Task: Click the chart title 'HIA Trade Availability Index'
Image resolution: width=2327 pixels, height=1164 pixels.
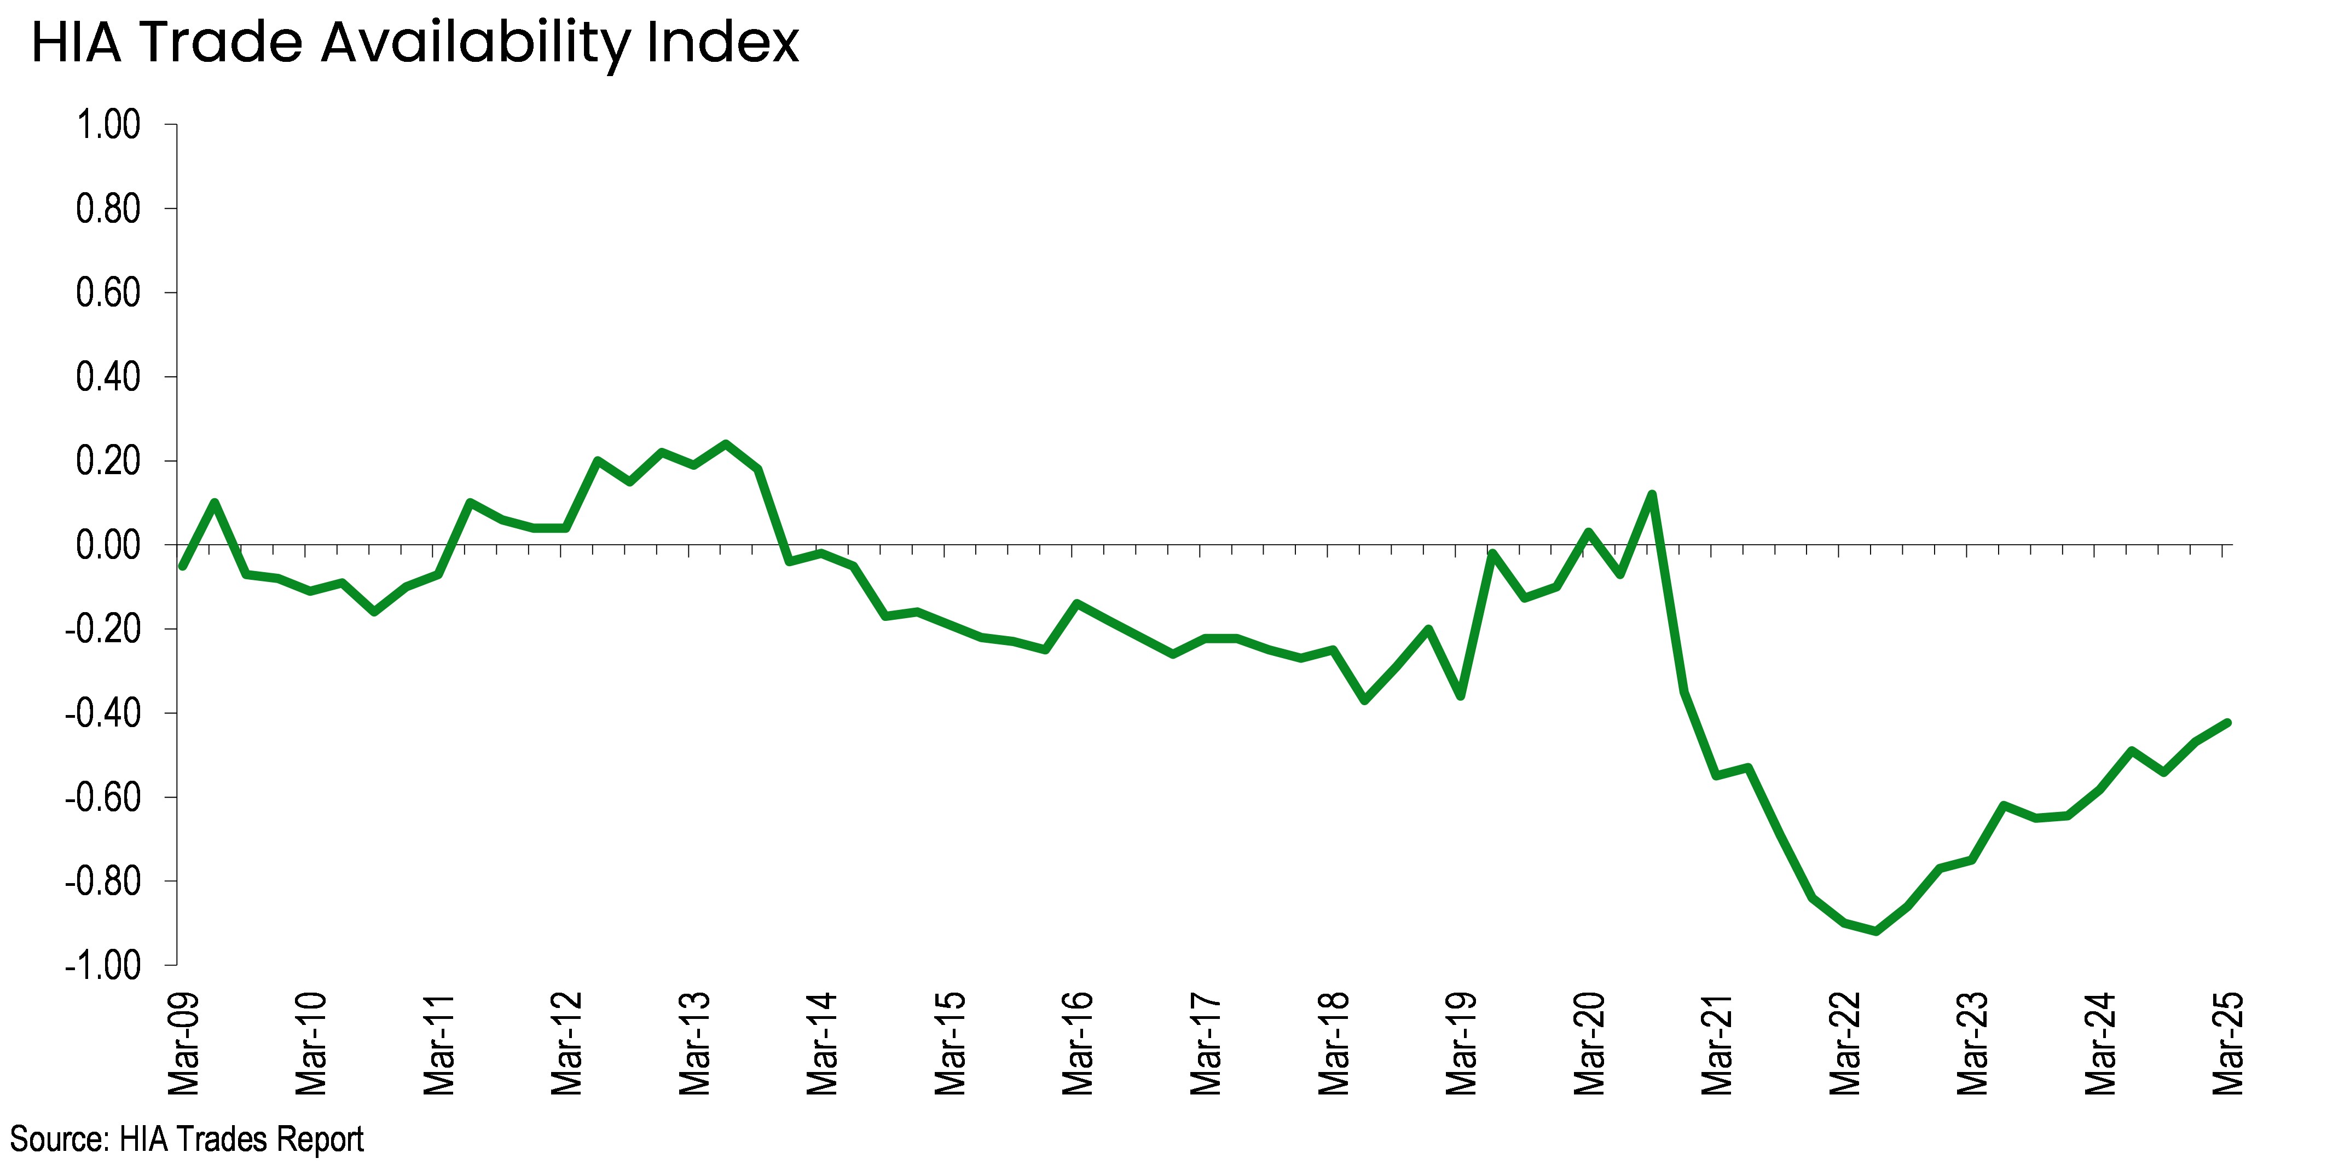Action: point(415,43)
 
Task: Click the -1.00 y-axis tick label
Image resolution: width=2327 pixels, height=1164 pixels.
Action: point(103,965)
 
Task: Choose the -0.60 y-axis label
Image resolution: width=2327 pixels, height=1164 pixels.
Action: point(103,797)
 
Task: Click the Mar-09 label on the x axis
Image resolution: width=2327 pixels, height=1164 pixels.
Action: point(184,1044)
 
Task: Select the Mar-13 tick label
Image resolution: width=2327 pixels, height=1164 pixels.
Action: point(696,1044)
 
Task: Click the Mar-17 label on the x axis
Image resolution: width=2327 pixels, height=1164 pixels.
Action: point(1206,1044)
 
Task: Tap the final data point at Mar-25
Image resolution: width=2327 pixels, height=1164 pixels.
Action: point(2227,722)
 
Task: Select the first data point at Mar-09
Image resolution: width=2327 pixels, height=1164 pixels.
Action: point(182,566)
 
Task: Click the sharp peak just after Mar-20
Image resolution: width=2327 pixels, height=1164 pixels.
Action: point(1651,494)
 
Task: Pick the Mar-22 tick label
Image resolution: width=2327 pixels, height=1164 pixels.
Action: point(1845,1044)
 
